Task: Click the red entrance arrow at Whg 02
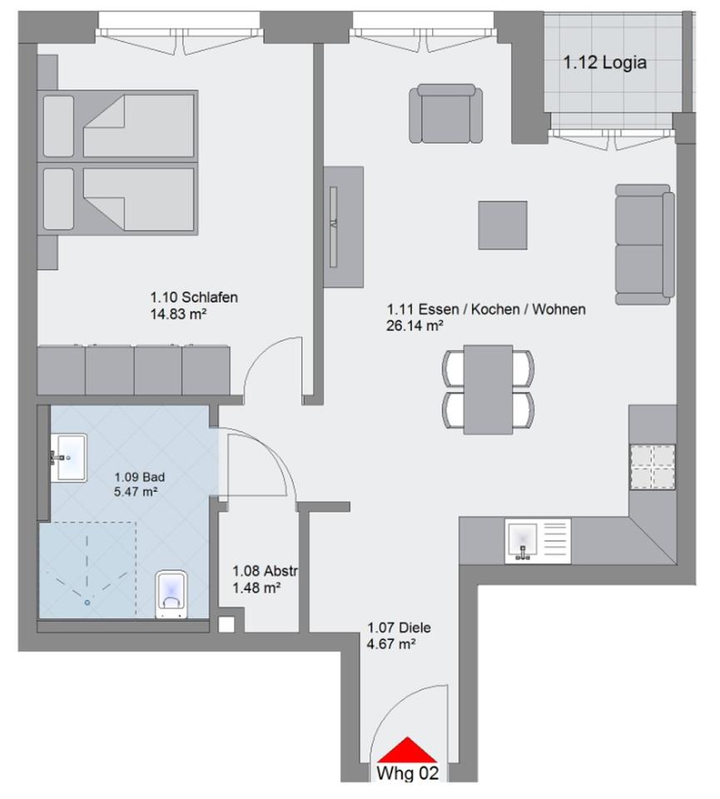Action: [x=407, y=750]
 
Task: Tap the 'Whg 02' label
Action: [x=407, y=773]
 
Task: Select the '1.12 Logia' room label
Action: [x=604, y=62]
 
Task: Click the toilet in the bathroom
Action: [x=171, y=594]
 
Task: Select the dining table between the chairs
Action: [x=488, y=389]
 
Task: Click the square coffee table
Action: [x=502, y=225]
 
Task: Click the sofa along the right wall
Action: [x=643, y=244]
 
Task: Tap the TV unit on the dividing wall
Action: [x=343, y=226]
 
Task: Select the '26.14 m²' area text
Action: [x=415, y=326]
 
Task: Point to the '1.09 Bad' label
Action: [x=139, y=478]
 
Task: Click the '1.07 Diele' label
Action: [x=400, y=628]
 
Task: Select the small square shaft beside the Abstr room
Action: [x=226, y=625]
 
